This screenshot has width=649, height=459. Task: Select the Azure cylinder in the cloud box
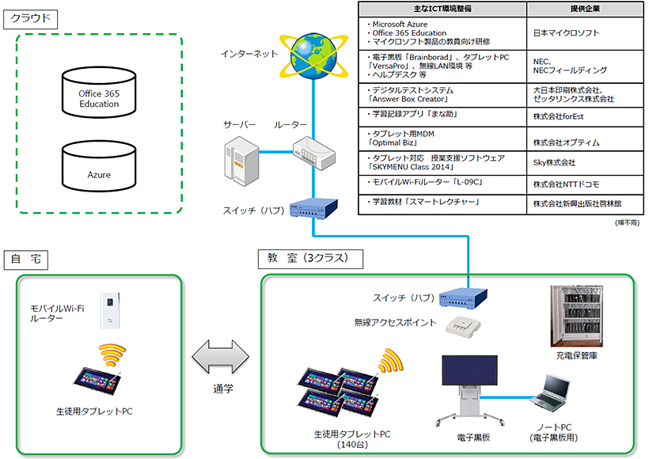(99, 168)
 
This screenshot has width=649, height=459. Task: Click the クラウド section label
(32, 17)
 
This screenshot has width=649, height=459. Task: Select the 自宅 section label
(28, 259)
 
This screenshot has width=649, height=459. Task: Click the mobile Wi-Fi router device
(110, 312)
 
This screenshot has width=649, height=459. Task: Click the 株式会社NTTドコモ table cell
(566, 184)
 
